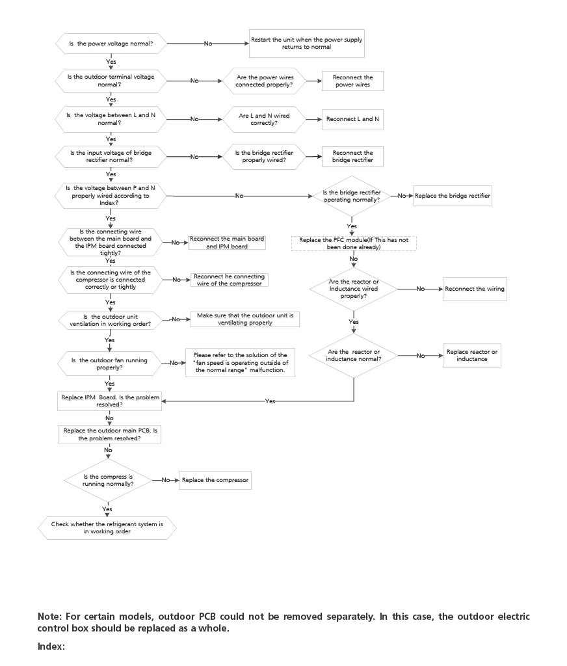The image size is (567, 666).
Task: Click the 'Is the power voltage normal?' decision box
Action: pyautogui.click(x=111, y=44)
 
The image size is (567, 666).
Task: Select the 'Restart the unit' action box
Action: pyautogui.click(x=306, y=43)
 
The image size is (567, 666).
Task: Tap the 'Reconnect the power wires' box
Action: pyautogui.click(x=352, y=81)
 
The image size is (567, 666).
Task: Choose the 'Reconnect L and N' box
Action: pyautogui.click(x=352, y=119)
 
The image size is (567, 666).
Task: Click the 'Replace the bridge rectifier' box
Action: pyautogui.click(x=452, y=196)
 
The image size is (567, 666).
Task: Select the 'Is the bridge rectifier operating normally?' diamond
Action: pyautogui.click(x=352, y=196)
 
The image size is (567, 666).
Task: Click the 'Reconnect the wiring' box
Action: pyautogui.click(x=474, y=289)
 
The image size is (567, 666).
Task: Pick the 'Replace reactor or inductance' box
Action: pyautogui.click(x=471, y=355)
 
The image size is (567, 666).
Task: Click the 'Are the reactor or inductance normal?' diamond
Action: pyautogui.click(x=353, y=355)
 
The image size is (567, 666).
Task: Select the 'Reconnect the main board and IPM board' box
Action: pyautogui.click(x=227, y=243)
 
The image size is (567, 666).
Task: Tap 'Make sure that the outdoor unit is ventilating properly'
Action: pyautogui.click(x=245, y=319)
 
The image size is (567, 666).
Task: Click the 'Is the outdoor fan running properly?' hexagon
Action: pyautogui.click(x=109, y=364)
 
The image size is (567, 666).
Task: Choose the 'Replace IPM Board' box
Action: pyautogui.click(x=109, y=401)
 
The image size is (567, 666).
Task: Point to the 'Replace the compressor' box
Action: pyautogui.click(x=215, y=480)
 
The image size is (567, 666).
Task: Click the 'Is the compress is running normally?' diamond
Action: pyautogui.click(x=108, y=480)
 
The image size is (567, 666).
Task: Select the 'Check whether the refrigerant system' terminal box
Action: pyautogui.click(x=107, y=527)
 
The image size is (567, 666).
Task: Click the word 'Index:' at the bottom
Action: pyautogui.click(x=51, y=646)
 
